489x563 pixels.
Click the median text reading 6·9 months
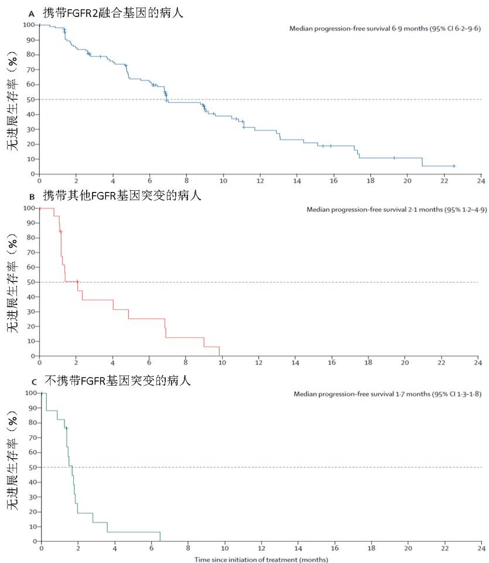tap(385, 28)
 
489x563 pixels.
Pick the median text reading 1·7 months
tap(387, 394)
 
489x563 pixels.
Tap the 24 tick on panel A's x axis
tap(480, 181)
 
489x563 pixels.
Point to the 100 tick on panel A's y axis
tap(28, 25)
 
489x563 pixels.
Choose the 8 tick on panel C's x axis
tap(187, 549)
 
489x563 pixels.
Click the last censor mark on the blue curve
tap(453, 166)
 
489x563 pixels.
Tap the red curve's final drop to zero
tap(220, 351)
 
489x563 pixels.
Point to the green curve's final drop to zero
tap(160, 537)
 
